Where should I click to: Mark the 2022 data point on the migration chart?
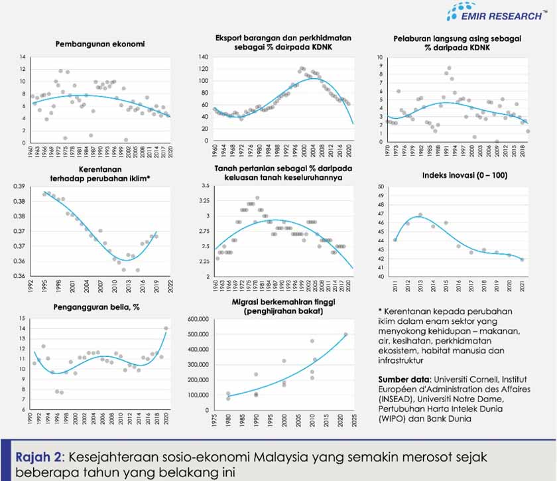tap(345, 334)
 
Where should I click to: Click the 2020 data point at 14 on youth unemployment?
tap(166, 328)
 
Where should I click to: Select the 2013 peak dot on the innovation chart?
tap(420, 215)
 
